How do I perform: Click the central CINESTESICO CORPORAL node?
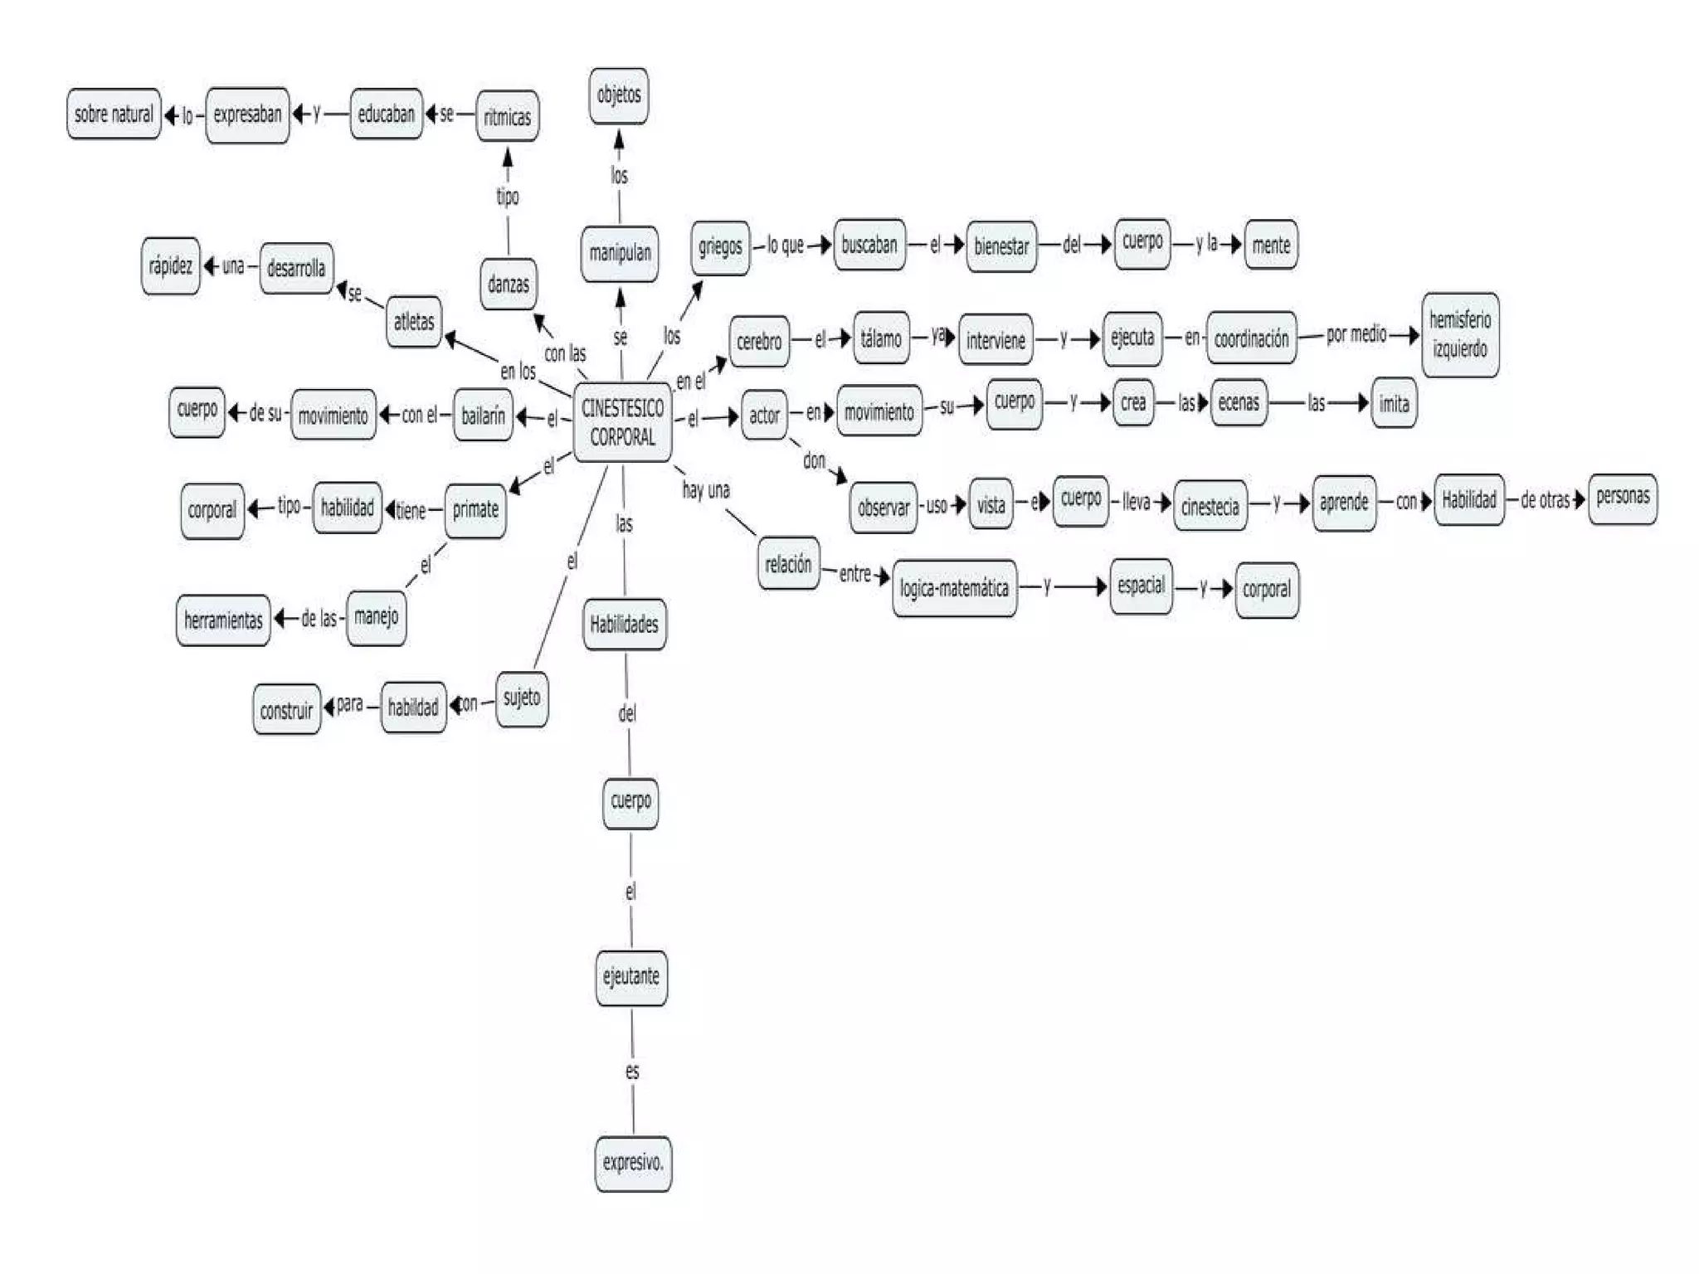tap(622, 422)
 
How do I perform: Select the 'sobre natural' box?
tap(114, 114)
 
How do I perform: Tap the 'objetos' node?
tap(619, 95)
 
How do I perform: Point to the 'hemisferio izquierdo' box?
tap(1460, 334)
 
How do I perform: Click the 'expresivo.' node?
tap(633, 1163)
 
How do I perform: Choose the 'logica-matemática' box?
tap(954, 589)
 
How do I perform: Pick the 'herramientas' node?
tap(223, 620)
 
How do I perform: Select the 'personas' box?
tap(1623, 498)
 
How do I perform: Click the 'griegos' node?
tap(720, 246)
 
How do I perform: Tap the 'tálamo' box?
tap(881, 338)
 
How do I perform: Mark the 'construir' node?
tap(286, 710)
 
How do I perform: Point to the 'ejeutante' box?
tap(631, 977)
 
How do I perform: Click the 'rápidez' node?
tap(171, 266)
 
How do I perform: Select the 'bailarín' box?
tap(483, 416)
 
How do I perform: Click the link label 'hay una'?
tap(706, 490)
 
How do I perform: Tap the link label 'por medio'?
tap(1356, 334)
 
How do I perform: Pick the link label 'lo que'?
tap(785, 245)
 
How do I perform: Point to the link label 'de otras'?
tap(1545, 499)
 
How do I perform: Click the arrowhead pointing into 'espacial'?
tap(1102, 587)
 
